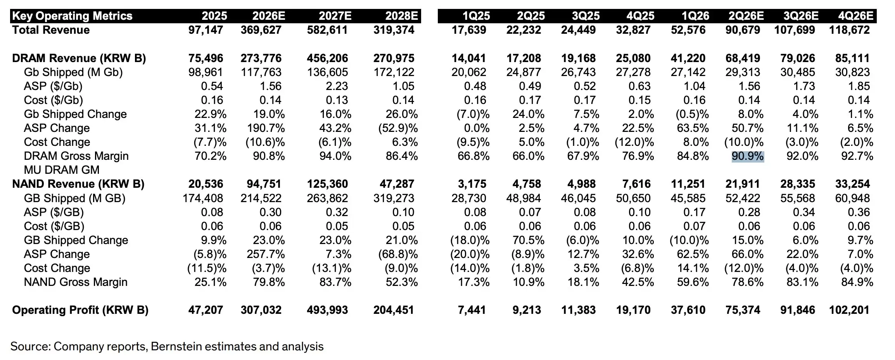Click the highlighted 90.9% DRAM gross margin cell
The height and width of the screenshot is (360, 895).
748,156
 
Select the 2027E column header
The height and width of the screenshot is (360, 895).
335,16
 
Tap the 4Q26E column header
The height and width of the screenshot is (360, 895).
856,16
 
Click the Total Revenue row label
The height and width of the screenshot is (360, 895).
51,30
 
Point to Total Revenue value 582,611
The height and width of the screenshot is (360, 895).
327,30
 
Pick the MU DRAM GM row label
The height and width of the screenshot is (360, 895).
62,170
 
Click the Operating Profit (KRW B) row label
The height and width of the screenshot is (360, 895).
80,310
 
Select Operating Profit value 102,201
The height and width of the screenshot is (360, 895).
849,310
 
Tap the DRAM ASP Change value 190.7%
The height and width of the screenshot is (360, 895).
266,128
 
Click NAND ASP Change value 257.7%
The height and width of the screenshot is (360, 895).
266,254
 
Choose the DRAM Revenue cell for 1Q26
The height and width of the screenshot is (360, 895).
688,58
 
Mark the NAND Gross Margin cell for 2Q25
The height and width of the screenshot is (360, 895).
528,282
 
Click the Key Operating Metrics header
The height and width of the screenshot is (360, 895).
72,16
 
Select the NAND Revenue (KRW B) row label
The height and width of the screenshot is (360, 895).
78,184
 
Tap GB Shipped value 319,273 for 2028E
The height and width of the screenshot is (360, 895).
394,198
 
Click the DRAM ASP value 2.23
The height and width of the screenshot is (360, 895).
337,86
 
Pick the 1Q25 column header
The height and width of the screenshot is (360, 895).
476,16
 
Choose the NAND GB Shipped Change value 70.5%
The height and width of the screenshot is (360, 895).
528,240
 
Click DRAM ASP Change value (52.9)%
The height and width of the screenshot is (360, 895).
398,128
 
